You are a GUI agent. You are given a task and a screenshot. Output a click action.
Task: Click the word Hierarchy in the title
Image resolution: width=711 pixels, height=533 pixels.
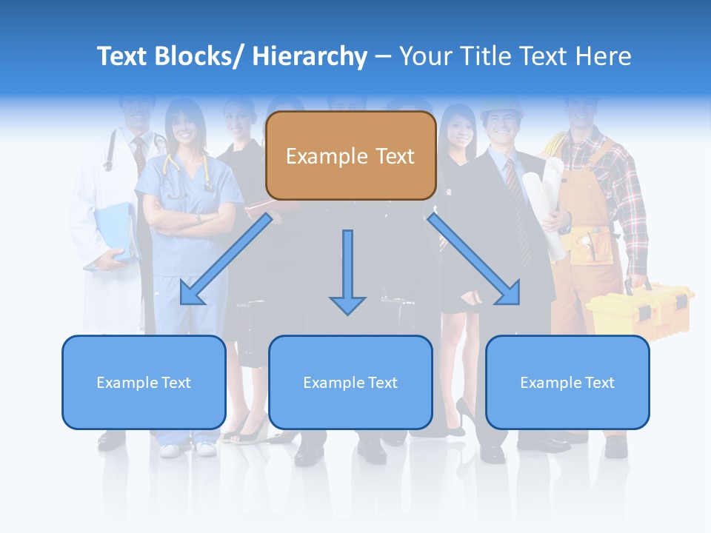(310, 56)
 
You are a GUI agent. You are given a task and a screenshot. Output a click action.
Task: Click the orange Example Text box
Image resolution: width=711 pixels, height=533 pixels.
(350, 156)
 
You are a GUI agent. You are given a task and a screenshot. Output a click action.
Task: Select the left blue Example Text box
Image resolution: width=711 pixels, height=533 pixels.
(144, 382)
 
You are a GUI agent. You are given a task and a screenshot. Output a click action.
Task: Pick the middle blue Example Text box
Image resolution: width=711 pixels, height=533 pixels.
(350, 382)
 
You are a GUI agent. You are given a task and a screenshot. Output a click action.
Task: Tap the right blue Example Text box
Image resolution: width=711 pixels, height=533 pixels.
(567, 382)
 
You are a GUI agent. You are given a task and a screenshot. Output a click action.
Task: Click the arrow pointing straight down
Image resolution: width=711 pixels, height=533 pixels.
(347, 274)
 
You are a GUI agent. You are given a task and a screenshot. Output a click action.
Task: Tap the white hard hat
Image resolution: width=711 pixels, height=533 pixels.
(501, 110)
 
